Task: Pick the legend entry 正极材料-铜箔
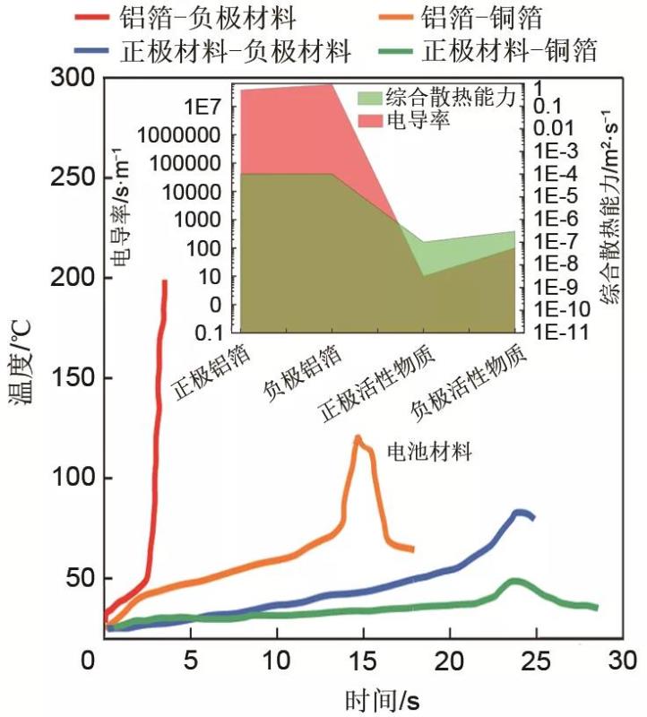tap(512, 50)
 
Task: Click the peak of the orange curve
tap(358, 437)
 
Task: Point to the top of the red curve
tap(165, 282)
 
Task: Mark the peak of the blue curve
tap(519, 512)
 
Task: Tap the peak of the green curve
tap(514, 581)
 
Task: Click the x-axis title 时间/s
tap(381, 698)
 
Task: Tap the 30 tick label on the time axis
tap(620, 663)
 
